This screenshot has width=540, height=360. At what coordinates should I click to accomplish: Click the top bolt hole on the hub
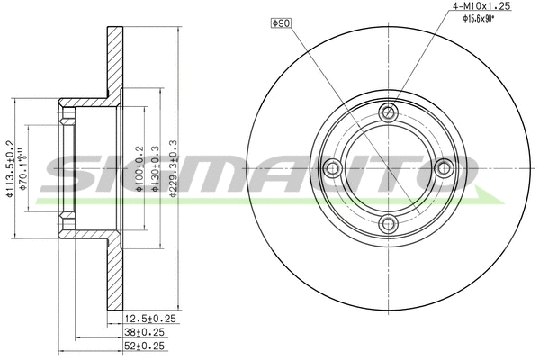(x=389, y=112)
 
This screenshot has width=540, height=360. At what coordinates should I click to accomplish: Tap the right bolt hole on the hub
(x=444, y=167)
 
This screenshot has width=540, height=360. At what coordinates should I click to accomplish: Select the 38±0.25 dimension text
(x=145, y=330)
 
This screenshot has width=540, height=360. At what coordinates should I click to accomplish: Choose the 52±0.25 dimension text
(x=145, y=344)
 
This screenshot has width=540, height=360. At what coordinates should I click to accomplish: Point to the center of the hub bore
(x=389, y=167)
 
